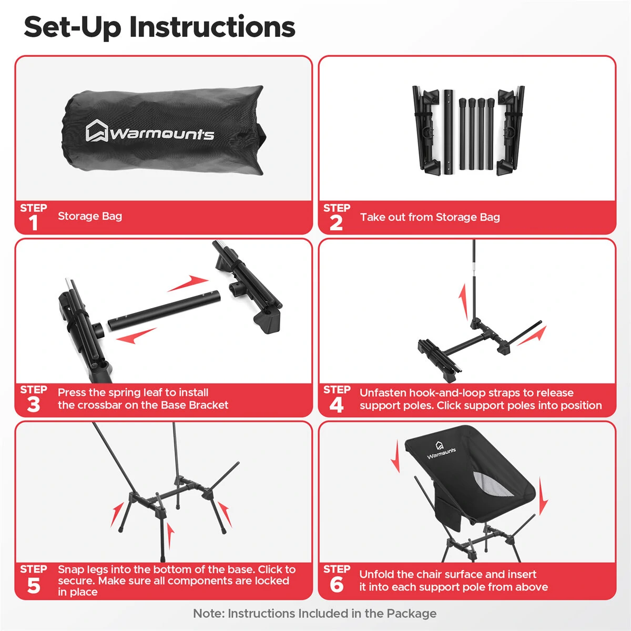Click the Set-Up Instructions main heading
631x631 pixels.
(x=159, y=27)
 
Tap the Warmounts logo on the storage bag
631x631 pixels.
(x=150, y=131)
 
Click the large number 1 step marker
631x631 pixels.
(x=34, y=223)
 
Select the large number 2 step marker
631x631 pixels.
(x=336, y=223)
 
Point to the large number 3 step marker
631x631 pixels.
(x=34, y=405)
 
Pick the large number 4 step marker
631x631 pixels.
(x=336, y=405)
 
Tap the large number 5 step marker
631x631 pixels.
(x=34, y=585)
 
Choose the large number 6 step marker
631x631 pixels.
(x=336, y=585)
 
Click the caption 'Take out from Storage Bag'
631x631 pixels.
(x=430, y=217)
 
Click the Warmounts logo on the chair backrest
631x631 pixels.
(x=441, y=449)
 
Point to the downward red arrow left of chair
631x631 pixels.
(x=395, y=456)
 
